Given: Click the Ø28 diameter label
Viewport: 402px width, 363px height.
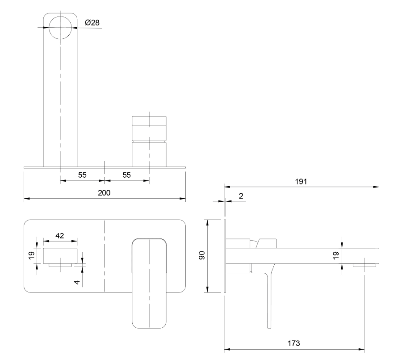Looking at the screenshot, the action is tap(92, 23).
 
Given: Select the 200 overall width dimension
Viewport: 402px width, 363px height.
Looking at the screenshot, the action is tap(104, 193).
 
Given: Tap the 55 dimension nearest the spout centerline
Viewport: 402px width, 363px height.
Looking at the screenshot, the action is tap(82, 175).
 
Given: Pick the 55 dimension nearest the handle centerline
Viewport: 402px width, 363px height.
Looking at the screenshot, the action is tap(127, 175).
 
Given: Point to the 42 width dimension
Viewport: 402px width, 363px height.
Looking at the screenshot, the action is tap(60, 236).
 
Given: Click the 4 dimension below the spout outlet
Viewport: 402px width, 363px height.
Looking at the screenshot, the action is tap(77, 282).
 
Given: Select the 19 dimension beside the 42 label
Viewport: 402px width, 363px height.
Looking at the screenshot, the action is tap(32, 255).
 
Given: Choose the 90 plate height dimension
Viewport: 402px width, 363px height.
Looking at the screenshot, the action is tap(202, 255).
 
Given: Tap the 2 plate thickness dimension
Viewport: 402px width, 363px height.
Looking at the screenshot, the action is tap(241, 196).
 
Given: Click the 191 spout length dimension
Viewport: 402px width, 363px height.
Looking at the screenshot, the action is tap(301, 181).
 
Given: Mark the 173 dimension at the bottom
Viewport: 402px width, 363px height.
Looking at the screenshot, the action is tap(294, 343).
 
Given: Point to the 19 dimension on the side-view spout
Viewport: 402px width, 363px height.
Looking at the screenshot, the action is tap(336, 255).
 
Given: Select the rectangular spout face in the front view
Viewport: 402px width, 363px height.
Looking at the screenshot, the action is tap(60, 255).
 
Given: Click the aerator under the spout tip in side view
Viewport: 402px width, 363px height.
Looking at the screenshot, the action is tap(364, 265).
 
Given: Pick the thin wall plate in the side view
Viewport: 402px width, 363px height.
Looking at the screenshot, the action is tap(225, 256).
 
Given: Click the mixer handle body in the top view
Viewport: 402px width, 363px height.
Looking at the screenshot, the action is tap(149, 141).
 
